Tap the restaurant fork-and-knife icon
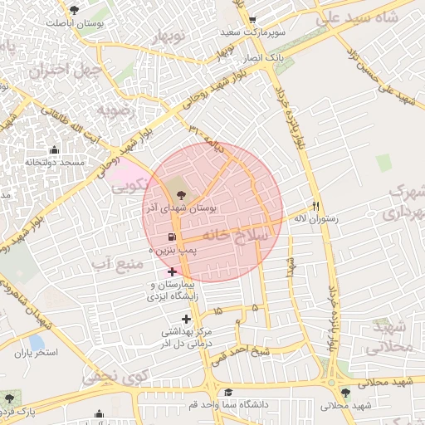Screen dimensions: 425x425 point(315,206)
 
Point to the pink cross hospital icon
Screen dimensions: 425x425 point(172,271)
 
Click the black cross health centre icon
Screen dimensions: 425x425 point(186,319)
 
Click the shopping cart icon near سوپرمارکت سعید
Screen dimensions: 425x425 point(253,20)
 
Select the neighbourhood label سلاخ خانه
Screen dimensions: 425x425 point(242,236)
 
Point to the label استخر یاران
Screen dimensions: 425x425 point(35,353)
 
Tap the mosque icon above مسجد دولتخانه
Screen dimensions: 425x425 point(55,150)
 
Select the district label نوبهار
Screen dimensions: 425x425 point(170,36)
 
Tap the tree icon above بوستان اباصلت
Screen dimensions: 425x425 point(76,10)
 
